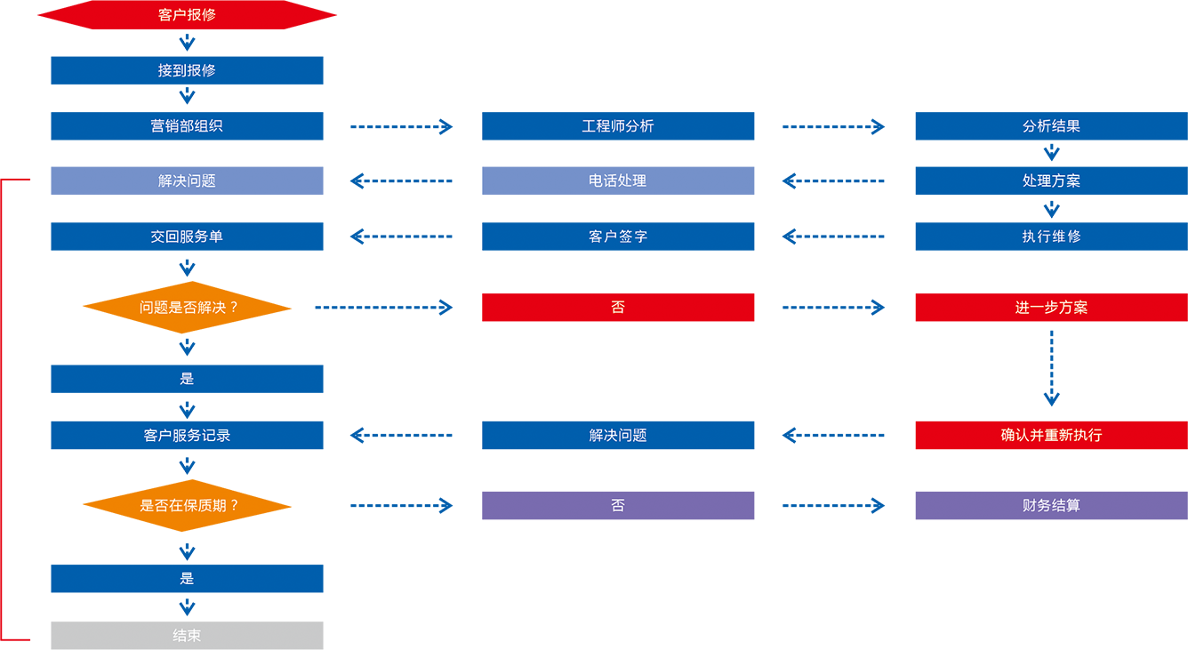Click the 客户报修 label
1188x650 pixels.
[x=187, y=15]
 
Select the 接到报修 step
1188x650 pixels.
[x=187, y=70]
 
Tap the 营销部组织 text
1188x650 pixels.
[x=187, y=126]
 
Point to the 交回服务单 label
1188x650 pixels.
[x=187, y=237]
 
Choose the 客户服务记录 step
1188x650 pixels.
[x=187, y=436]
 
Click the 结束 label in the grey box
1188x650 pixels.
[x=187, y=636]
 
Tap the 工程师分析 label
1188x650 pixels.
[x=617, y=126]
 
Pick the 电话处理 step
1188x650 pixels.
[x=617, y=181]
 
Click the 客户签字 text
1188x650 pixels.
[x=617, y=237]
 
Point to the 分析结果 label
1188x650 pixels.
[x=1051, y=126]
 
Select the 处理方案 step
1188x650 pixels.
[x=1051, y=181]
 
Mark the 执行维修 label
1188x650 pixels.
[x=1051, y=237]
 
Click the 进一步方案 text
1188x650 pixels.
[x=1051, y=308]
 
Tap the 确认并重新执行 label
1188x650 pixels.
[x=1051, y=436]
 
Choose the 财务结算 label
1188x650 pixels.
[x=1051, y=506]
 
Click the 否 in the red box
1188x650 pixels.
[x=617, y=308]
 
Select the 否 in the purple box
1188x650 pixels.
[x=617, y=506]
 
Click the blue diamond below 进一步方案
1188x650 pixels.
[x=1051, y=370]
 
